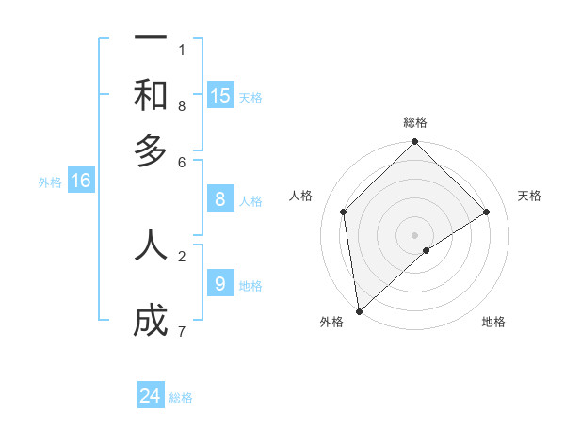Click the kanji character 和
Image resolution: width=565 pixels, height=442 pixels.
click(x=151, y=95)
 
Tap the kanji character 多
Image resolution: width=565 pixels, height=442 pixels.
click(x=151, y=150)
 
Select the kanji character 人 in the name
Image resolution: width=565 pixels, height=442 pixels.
click(x=151, y=245)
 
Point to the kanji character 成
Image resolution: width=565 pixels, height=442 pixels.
click(x=151, y=322)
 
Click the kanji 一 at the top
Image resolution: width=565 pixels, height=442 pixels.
click(x=151, y=38)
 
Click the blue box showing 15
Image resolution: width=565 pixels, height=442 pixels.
click(x=220, y=96)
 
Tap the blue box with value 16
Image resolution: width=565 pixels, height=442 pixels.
click(x=81, y=182)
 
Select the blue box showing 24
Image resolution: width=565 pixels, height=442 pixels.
click(x=151, y=397)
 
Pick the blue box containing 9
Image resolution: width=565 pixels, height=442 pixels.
click(x=220, y=283)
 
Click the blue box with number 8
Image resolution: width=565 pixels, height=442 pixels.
click(x=220, y=198)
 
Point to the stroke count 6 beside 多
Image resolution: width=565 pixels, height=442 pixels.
click(x=182, y=162)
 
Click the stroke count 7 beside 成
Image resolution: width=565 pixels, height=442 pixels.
click(x=182, y=331)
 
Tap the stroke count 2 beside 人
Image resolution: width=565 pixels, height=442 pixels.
click(x=182, y=255)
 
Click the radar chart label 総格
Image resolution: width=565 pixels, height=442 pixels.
click(x=415, y=122)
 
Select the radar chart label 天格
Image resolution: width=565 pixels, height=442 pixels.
click(x=529, y=196)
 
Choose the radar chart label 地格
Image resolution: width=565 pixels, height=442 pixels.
click(x=493, y=322)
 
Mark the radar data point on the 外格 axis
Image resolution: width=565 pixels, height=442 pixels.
click(x=359, y=311)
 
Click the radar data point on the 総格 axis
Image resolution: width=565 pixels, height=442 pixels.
click(x=415, y=143)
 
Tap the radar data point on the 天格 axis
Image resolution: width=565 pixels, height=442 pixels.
click(x=487, y=212)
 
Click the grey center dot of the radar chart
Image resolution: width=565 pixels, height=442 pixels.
click(x=415, y=235)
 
